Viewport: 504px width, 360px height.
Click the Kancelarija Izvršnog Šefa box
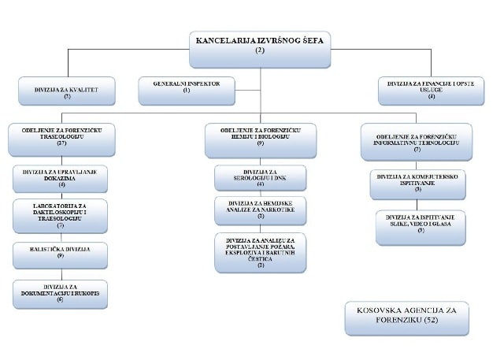(x=261, y=46)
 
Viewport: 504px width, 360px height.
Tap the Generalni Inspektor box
(x=186, y=89)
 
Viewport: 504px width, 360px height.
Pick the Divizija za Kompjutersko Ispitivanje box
(x=419, y=184)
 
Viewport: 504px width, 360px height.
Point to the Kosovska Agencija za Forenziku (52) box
(x=406, y=317)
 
